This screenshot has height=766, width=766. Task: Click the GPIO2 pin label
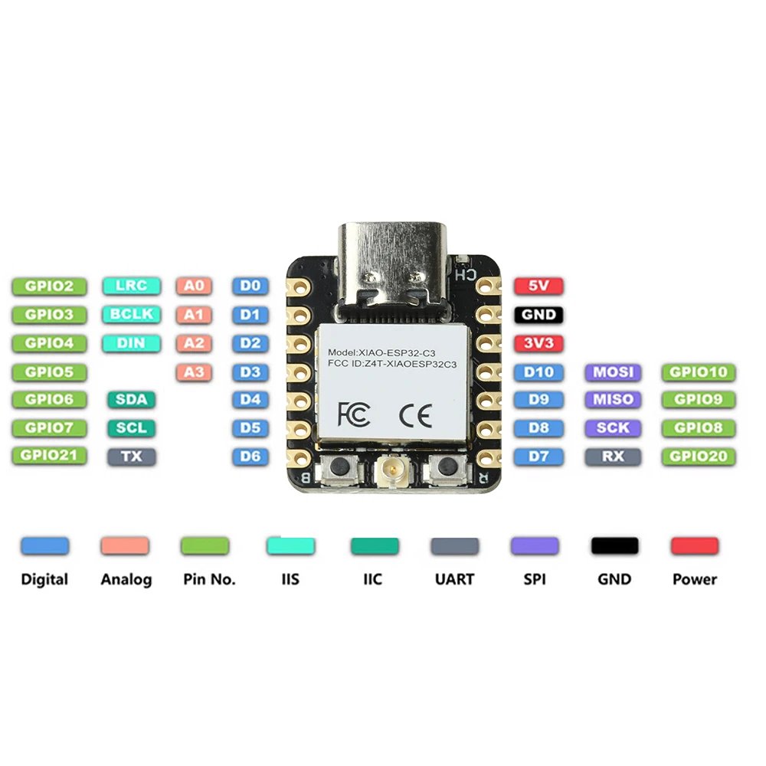(x=50, y=286)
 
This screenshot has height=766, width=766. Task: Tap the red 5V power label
(x=538, y=286)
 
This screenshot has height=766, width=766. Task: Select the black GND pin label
(x=538, y=315)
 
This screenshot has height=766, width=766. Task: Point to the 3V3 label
(x=538, y=343)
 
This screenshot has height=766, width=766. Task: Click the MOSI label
(x=613, y=372)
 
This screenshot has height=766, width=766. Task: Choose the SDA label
(x=132, y=399)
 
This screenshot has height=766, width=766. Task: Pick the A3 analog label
(x=193, y=372)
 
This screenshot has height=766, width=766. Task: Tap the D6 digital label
(x=250, y=457)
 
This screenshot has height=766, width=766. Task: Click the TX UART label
(x=132, y=457)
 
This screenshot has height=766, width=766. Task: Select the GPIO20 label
(x=698, y=457)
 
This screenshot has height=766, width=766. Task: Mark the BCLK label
(x=132, y=315)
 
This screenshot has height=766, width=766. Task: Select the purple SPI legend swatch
(x=535, y=546)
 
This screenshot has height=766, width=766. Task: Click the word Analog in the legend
(x=126, y=580)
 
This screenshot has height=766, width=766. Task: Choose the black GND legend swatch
(x=614, y=546)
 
